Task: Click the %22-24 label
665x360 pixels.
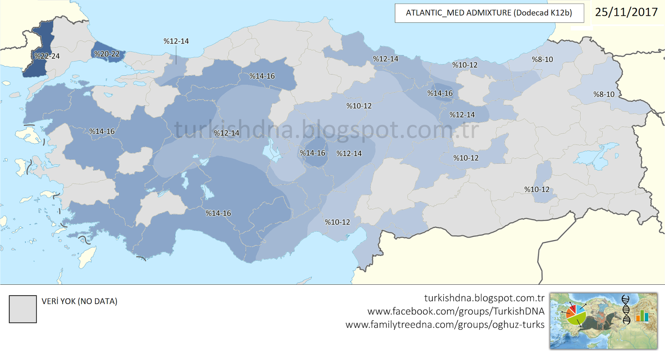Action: [x=47, y=56]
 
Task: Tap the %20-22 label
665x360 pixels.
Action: [x=107, y=54]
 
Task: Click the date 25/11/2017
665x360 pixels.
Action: [x=626, y=12]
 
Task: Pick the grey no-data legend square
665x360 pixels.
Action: [x=23, y=309]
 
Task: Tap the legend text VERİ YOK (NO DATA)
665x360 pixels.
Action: [x=79, y=301]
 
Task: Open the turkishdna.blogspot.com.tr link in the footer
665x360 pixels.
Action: [x=484, y=298]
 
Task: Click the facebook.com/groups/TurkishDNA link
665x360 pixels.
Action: [x=456, y=311]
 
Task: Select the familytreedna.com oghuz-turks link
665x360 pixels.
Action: [x=445, y=325]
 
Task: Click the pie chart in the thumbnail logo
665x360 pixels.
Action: [x=576, y=315]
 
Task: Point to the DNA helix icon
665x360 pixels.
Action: [x=626, y=309]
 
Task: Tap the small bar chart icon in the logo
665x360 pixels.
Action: [x=642, y=316]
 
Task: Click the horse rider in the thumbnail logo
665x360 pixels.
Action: [x=601, y=320]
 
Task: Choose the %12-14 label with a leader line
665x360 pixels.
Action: [x=176, y=41]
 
